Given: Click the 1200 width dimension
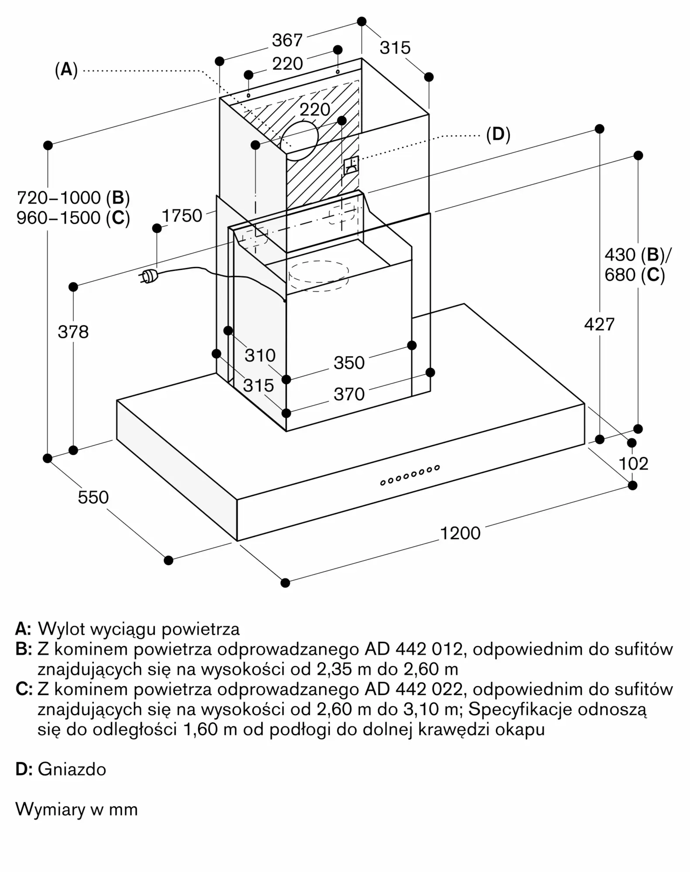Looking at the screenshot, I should (460, 533).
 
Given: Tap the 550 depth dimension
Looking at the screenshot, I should (93, 497).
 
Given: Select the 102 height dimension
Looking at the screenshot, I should (633, 463).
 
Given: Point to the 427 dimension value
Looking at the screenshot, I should (599, 324).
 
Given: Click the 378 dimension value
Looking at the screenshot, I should (73, 332).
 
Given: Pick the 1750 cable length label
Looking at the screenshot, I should (182, 216).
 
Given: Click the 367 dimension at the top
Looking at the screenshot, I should (287, 41).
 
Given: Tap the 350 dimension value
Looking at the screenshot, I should (349, 363).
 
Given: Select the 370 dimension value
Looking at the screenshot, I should (349, 394).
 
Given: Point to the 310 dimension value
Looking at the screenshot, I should (260, 355).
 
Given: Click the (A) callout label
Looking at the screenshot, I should (66, 70).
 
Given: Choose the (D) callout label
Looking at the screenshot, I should (498, 135).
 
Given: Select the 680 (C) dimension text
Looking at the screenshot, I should (635, 275).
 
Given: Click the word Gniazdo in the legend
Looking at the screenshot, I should (72, 769).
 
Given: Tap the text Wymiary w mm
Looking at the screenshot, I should (77, 809).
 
